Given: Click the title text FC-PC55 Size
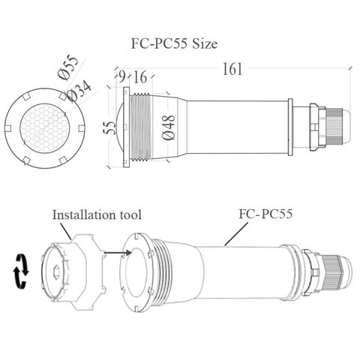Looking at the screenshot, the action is point(174,44).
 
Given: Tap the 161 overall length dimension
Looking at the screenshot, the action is point(232,69).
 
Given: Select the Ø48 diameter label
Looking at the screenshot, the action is point(168,127).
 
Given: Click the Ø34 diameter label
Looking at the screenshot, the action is point(79,91).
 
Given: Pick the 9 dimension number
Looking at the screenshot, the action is point(121,77).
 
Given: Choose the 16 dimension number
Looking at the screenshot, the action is point(140,77).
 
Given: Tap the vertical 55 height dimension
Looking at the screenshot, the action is point(110,128).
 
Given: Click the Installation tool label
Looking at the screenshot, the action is point(97,215).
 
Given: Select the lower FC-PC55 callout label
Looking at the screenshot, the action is point(265,214).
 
